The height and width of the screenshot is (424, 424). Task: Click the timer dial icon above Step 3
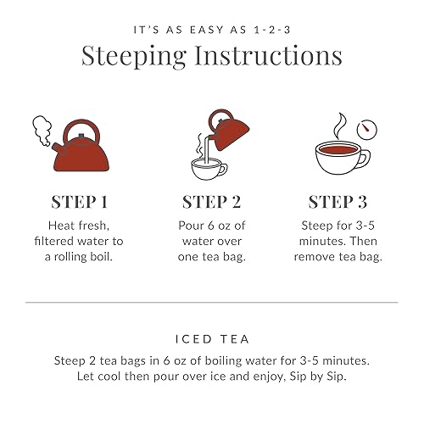pyautogui.click(x=367, y=130)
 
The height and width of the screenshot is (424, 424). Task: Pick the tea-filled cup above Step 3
pyautogui.click(x=338, y=158)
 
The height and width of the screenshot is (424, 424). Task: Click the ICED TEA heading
pyautogui.click(x=212, y=338)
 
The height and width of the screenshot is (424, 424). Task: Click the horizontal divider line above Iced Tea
pyautogui.click(x=212, y=302)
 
